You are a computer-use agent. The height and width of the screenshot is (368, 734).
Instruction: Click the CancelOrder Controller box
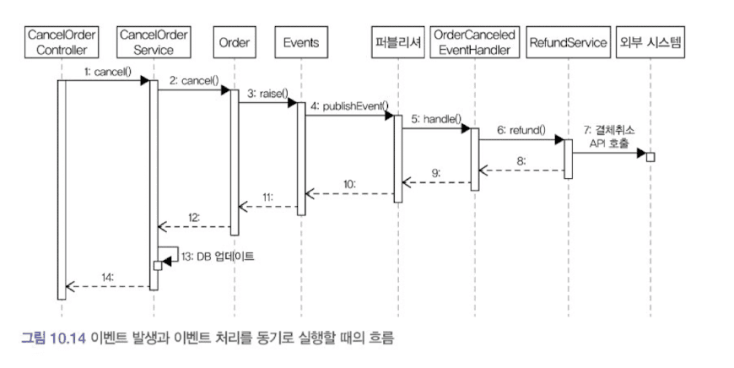62,43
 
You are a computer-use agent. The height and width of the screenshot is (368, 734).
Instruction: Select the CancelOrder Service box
154,43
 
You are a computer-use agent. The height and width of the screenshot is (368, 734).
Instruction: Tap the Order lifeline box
234,43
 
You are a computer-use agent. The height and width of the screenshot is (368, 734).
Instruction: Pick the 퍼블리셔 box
395,43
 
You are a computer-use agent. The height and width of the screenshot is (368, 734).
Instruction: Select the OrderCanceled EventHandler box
473,43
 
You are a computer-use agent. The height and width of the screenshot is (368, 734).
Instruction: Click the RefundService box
567,43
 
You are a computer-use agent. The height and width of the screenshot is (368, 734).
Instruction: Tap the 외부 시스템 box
650,43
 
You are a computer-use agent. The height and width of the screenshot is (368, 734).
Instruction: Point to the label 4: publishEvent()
348,106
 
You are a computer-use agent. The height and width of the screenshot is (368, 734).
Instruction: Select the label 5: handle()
436,119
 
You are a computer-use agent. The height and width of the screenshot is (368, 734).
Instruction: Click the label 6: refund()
521,131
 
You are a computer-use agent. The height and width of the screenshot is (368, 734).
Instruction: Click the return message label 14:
108,276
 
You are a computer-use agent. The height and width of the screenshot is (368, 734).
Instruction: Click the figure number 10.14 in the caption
69,338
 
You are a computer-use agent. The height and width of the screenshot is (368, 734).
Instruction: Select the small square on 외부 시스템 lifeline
650,156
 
